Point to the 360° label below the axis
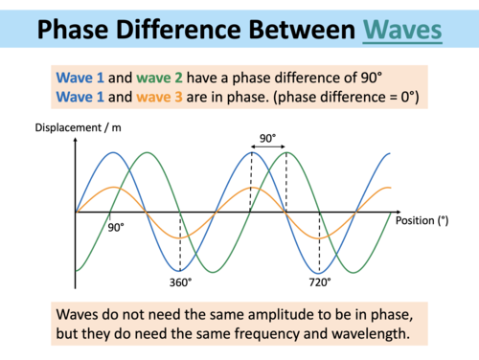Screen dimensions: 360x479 tap(180, 281)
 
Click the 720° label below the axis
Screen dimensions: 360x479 tap(319, 281)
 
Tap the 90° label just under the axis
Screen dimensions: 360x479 tap(117, 228)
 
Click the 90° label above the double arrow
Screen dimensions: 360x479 tap(267, 137)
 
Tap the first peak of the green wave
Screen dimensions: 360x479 tap(146, 153)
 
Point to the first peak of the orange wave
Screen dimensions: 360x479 tap(111, 188)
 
